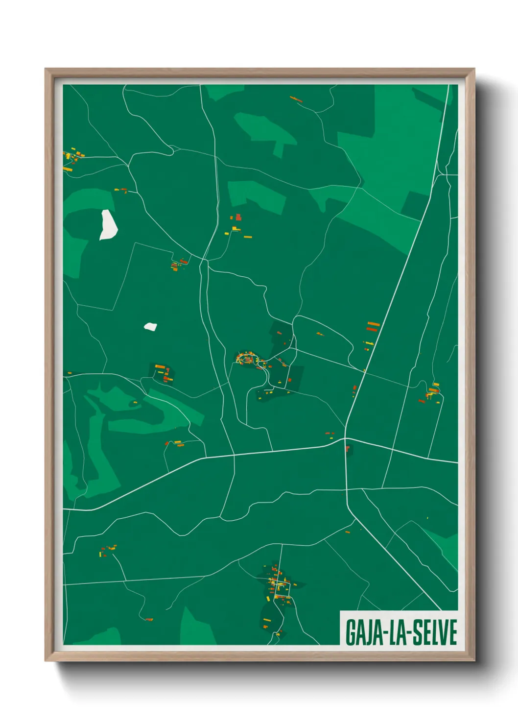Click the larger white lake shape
pos(108,225)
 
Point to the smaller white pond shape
pos(150,327)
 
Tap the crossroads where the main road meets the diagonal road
pos(346,438)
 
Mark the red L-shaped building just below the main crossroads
pos(348,448)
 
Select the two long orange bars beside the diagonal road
pos(373,326)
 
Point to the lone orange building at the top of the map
pos(296,100)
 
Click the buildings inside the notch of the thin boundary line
pos(179,264)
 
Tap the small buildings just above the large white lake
pos(121,190)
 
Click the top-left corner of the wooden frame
pos(46,69)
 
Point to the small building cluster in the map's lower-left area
pos(108,550)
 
